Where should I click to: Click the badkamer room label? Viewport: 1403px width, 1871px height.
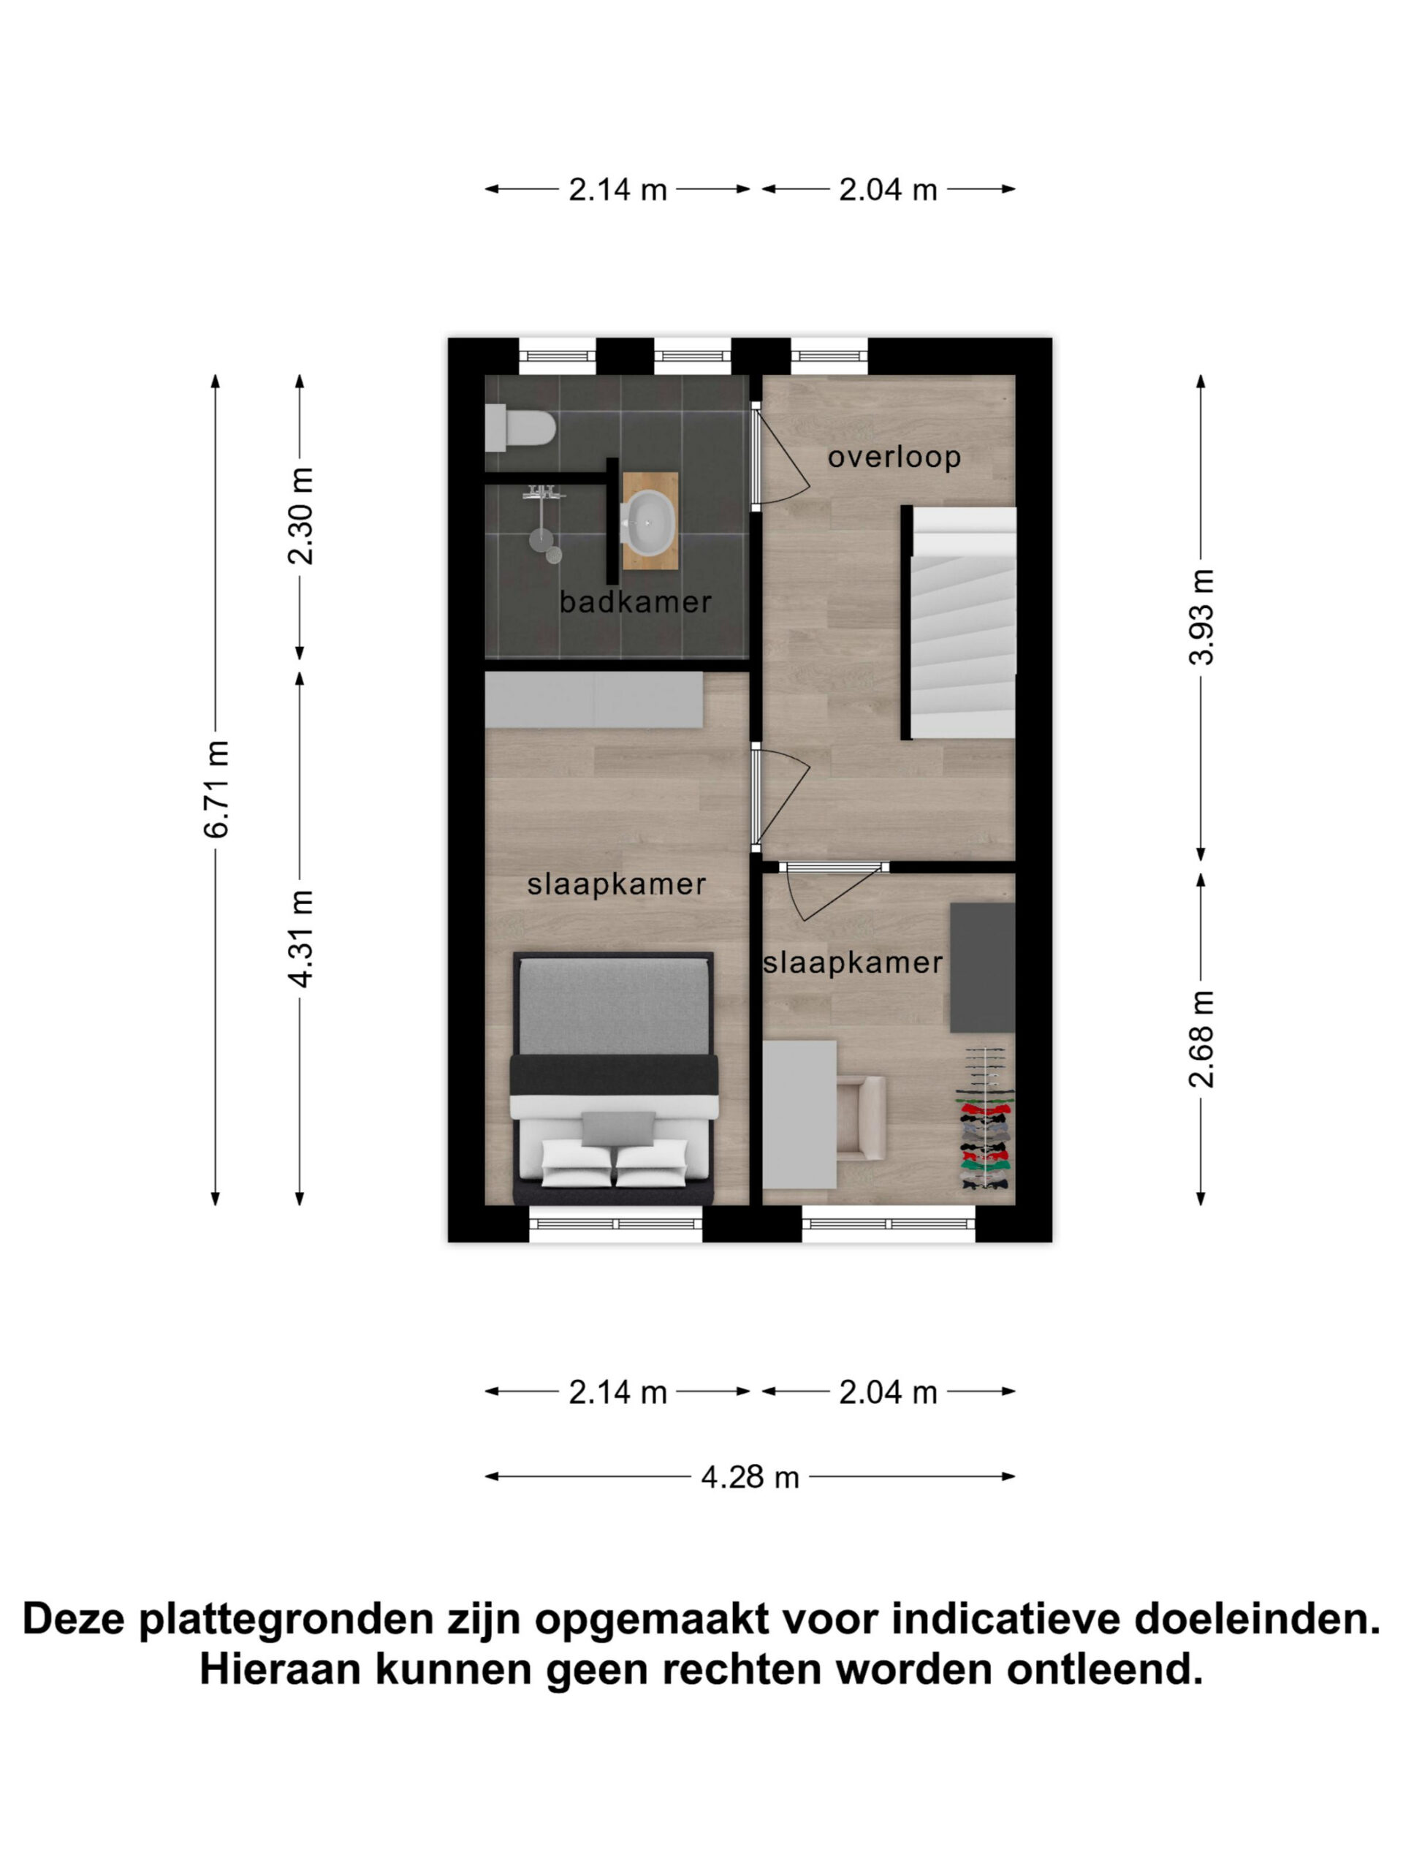[x=635, y=602]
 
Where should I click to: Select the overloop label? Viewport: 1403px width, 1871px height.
[x=894, y=457]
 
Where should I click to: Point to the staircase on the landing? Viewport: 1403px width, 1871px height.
[x=959, y=623]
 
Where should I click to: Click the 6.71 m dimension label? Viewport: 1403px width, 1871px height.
[x=216, y=789]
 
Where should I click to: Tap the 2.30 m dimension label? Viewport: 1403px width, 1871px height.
[x=300, y=516]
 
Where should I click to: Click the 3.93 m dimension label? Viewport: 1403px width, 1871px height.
[x=1201, y=617]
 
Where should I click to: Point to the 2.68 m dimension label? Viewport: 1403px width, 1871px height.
[x=1201, y=1039]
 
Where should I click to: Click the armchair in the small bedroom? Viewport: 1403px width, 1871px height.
[x=861, y=1116]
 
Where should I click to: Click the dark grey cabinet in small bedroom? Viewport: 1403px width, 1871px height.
[x=982, y=967]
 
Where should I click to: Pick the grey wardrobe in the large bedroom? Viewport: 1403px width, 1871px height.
[x=593, y=699]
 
